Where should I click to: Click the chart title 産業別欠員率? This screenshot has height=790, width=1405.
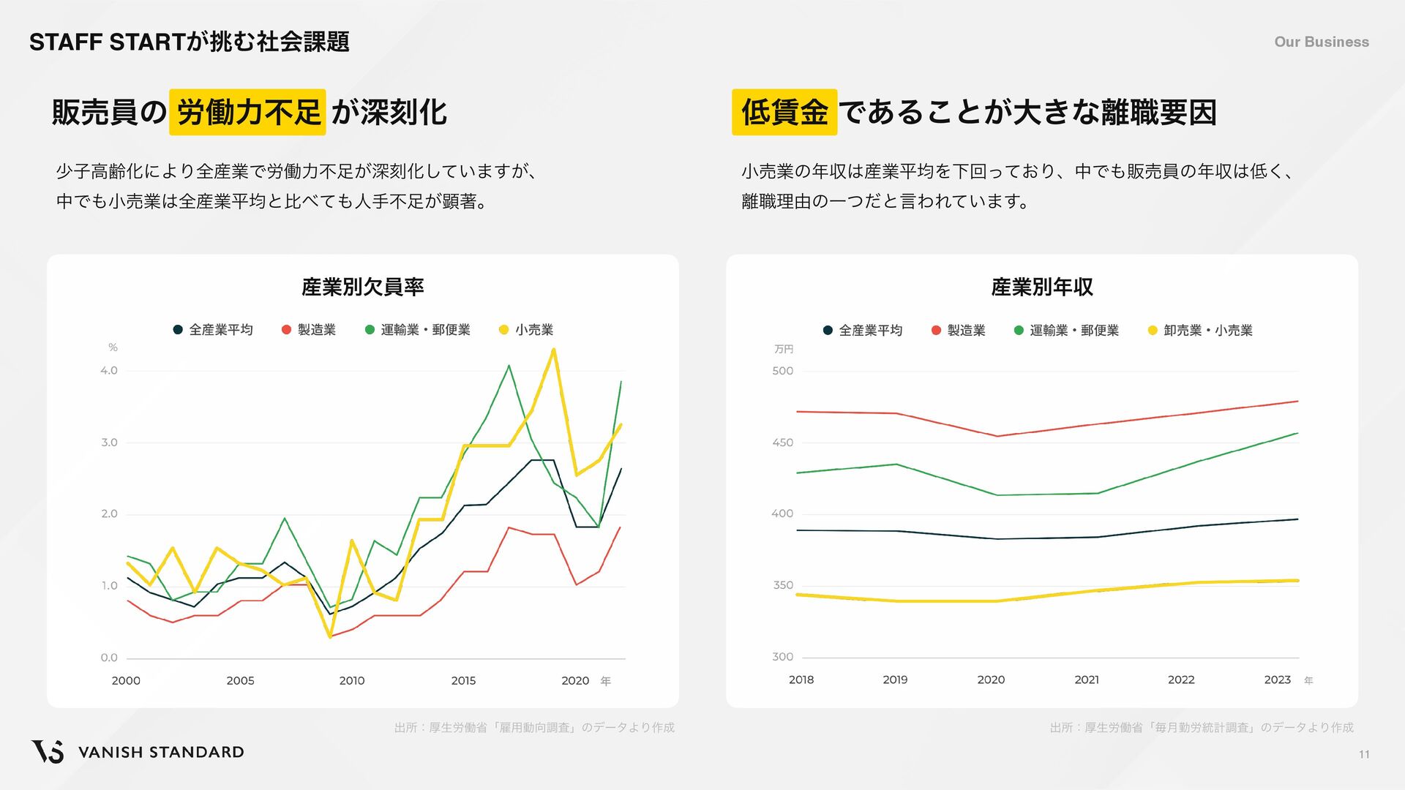(362, 287)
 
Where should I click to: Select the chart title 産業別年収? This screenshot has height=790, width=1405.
(1041, 287)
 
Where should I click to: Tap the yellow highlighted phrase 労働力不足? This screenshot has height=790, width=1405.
(247, 112)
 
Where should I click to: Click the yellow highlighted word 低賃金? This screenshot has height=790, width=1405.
(784, 112)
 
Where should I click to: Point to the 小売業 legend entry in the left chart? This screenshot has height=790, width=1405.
(526, 330)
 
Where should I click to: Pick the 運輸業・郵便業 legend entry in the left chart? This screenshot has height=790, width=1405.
(418, 330)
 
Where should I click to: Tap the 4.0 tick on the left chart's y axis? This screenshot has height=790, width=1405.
(109, 371)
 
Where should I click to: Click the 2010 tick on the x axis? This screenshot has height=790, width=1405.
(352, 680)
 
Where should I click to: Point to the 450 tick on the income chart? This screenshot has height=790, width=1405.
(782, 443)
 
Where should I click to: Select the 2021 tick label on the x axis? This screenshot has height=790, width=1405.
(1087, 680)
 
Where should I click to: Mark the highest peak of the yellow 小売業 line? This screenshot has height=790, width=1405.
(554, 349)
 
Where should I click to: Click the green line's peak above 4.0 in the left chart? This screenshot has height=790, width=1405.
(509, 365)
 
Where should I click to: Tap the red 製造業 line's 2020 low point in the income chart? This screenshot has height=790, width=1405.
(997, 436)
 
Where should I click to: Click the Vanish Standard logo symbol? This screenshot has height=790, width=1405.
(47, 751)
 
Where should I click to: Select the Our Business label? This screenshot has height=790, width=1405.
(1321, 42)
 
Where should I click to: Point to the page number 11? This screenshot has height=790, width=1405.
(1364, 755)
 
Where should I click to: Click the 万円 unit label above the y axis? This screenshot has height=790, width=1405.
(784, 350)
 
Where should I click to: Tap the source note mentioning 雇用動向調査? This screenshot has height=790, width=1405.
(534, 728)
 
